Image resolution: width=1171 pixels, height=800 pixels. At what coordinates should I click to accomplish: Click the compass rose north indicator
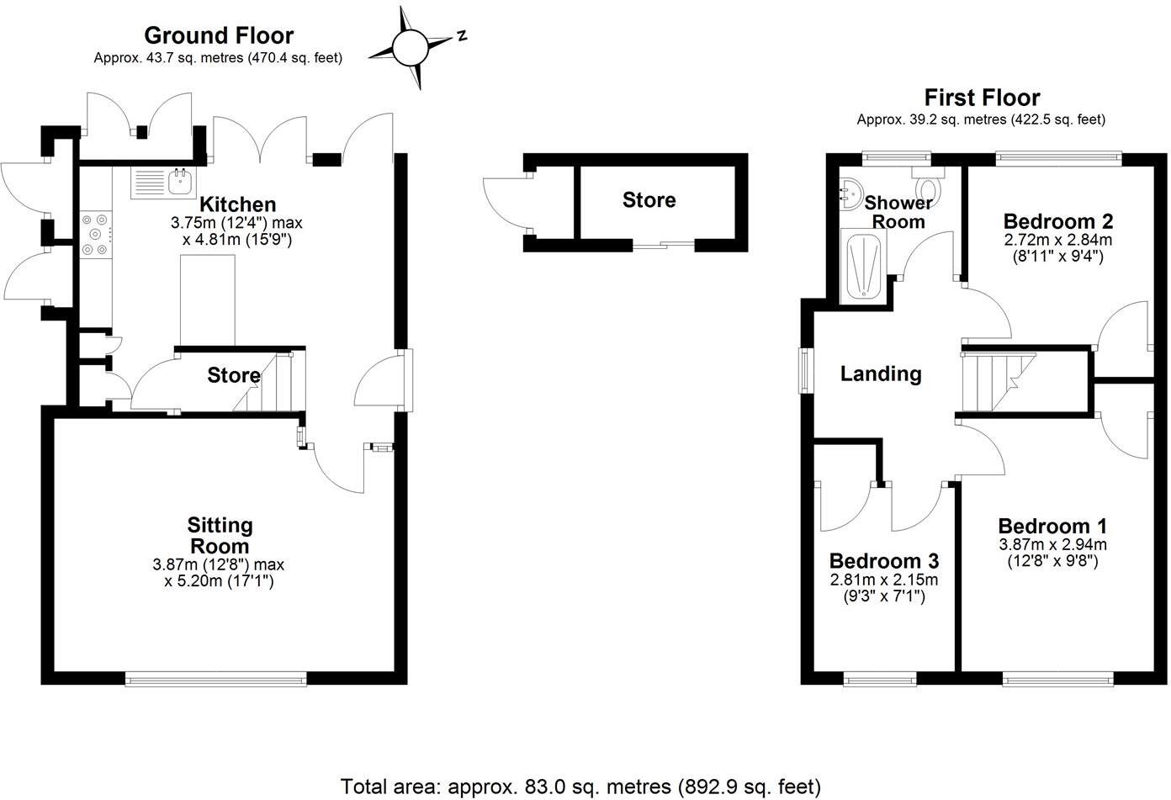[461, 36]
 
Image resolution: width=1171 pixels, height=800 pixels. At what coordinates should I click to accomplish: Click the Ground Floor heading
[219, 35]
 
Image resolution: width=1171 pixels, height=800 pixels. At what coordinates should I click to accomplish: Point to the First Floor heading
[982, 98]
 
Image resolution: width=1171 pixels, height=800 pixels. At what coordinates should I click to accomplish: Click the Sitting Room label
[219, 535]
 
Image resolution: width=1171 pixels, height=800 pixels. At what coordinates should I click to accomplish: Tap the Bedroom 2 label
[1058, 221]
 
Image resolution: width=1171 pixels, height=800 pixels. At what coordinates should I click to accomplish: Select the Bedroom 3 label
[883, 561]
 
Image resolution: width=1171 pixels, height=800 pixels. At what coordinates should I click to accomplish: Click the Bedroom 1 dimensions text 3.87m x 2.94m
[1052, 544]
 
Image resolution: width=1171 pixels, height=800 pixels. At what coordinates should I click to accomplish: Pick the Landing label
[881, 374]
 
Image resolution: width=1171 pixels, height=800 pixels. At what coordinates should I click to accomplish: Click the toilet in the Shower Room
[929, 184]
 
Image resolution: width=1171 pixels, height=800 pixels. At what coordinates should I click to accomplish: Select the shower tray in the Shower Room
[861, 267]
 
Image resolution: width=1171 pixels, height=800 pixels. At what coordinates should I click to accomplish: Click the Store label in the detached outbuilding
[649, 200]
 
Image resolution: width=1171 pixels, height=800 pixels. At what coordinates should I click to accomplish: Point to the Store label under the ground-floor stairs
[233, 375]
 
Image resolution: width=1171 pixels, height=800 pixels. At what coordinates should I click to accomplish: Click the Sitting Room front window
[216, 678]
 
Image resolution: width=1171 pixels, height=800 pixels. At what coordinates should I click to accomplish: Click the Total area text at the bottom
[580, 787]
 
